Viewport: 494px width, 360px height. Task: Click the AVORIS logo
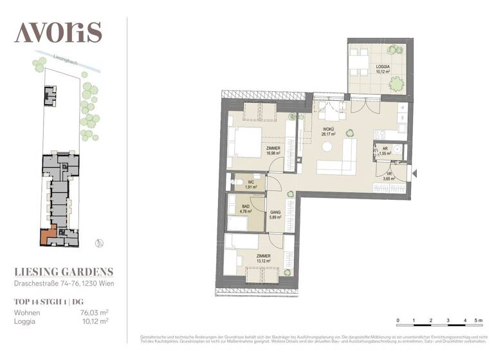click(58, 32)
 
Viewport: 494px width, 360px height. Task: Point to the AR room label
click(385, 152)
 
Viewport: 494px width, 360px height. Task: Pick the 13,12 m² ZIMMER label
click(262, 258)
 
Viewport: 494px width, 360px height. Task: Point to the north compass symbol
click(98, 242)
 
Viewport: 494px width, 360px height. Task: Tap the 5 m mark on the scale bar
click(477, 319)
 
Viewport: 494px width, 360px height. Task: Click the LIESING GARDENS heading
click(64, 272)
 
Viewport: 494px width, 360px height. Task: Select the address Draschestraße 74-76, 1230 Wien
click(64, 283)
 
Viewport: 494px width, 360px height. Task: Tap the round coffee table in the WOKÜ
click(327, 147)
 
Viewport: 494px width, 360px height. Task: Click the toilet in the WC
click(239, 184)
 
